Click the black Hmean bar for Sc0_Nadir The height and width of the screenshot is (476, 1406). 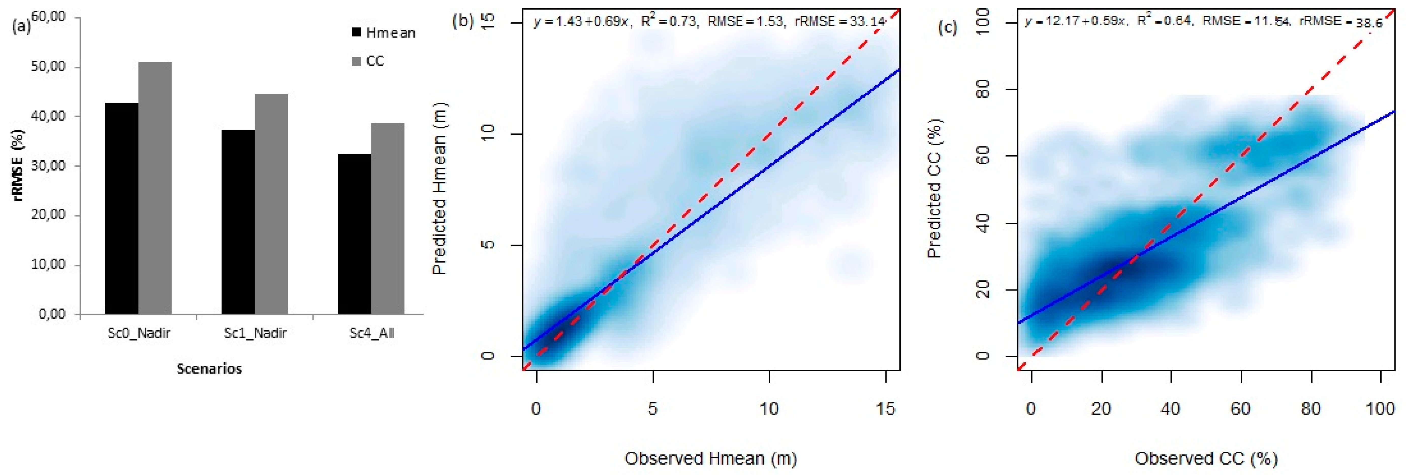point(122,208)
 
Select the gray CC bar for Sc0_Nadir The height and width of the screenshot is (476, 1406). point(155,188)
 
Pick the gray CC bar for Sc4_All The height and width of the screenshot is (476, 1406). point(387,219)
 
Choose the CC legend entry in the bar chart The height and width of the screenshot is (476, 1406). point(368,61)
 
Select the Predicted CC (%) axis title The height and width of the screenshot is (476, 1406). point(934,188)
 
